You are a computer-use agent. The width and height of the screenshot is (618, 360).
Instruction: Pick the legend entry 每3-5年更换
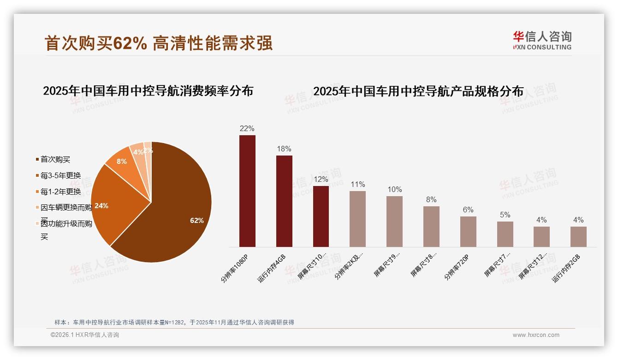pyautogui.click(x=60, y=175)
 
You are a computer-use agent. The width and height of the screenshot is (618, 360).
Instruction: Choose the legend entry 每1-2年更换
pyautogui.click(x=60, y=192)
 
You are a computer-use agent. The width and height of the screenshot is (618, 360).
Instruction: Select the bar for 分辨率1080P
pyautogui.click(x=247, y=191)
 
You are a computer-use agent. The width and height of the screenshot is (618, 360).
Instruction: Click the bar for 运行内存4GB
pyautogui.click(x=284, y=201)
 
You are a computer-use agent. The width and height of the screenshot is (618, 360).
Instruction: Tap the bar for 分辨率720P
pyautogui.click(x=468, y=232)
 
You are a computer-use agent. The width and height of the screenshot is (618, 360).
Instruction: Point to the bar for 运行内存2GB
pyautogui.click(x=578, y=237)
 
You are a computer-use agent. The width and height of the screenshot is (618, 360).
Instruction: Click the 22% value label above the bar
pyautogui.click(x=247, y=129)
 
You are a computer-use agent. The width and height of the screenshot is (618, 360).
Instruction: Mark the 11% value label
pyautogui.click(x=357, y=185)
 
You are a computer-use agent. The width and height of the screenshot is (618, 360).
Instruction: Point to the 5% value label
pyautogui.click(x=505, y=215)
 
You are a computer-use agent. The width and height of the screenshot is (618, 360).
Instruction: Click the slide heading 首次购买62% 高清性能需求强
pyautogui.click(x=159, y=43)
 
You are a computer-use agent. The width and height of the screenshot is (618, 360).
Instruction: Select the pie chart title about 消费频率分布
pyautogui.click(x=148, y=91)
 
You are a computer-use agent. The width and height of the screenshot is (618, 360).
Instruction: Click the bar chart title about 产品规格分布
pyautogui.click(x=418, y=91)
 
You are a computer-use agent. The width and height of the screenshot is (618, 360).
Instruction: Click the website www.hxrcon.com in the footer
pyautogui.click(x=536, y=335)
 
